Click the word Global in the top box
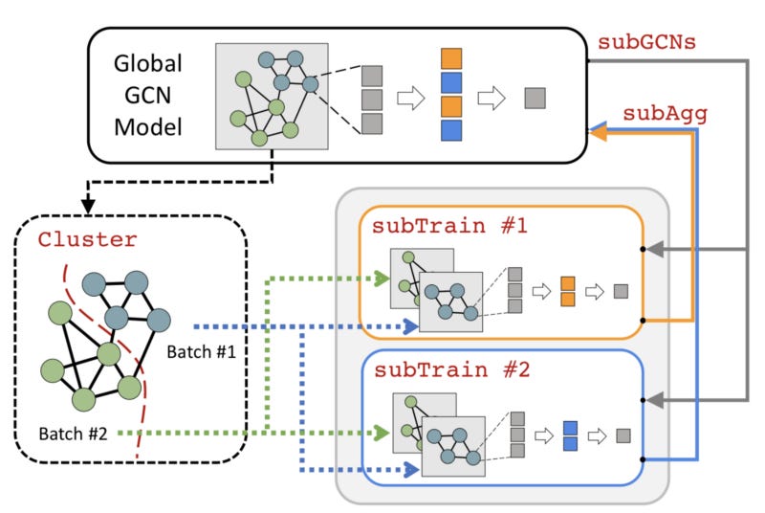pyautogui.click(x=149, y=65)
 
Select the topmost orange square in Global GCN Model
pyautogui.click(x=451, y=57)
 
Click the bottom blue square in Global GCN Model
pyautogui.click(x=451, y=129)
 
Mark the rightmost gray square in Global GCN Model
pyautogui.click(x=535, y=97)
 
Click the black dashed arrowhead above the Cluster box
pyautogui.click(x=89, y=205)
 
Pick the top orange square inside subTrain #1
pyautogui.click(x=567, y=282)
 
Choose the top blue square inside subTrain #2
pyautogui.click(x=570, y=428)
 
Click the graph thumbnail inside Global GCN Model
pyautogui.click(x=272, y=96)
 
